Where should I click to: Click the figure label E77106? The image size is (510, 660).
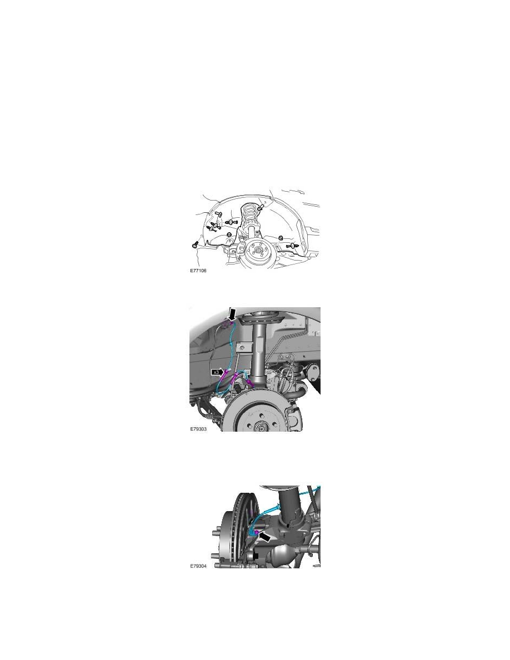point(198,273)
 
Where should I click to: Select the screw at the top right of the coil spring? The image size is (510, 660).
point(260,207)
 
